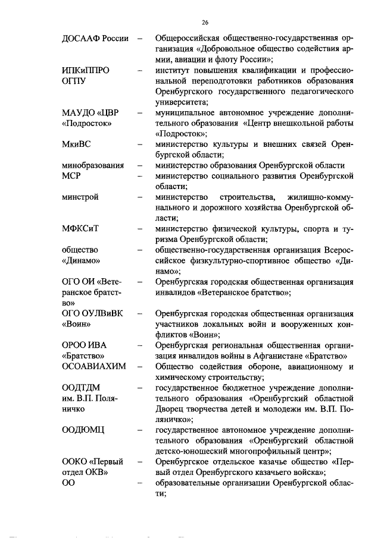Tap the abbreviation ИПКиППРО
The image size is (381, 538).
coord(86,70)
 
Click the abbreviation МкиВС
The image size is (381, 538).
coord(77,144)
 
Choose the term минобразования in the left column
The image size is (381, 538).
coord(93,165)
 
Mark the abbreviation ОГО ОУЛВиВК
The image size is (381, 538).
coord(92,313)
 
